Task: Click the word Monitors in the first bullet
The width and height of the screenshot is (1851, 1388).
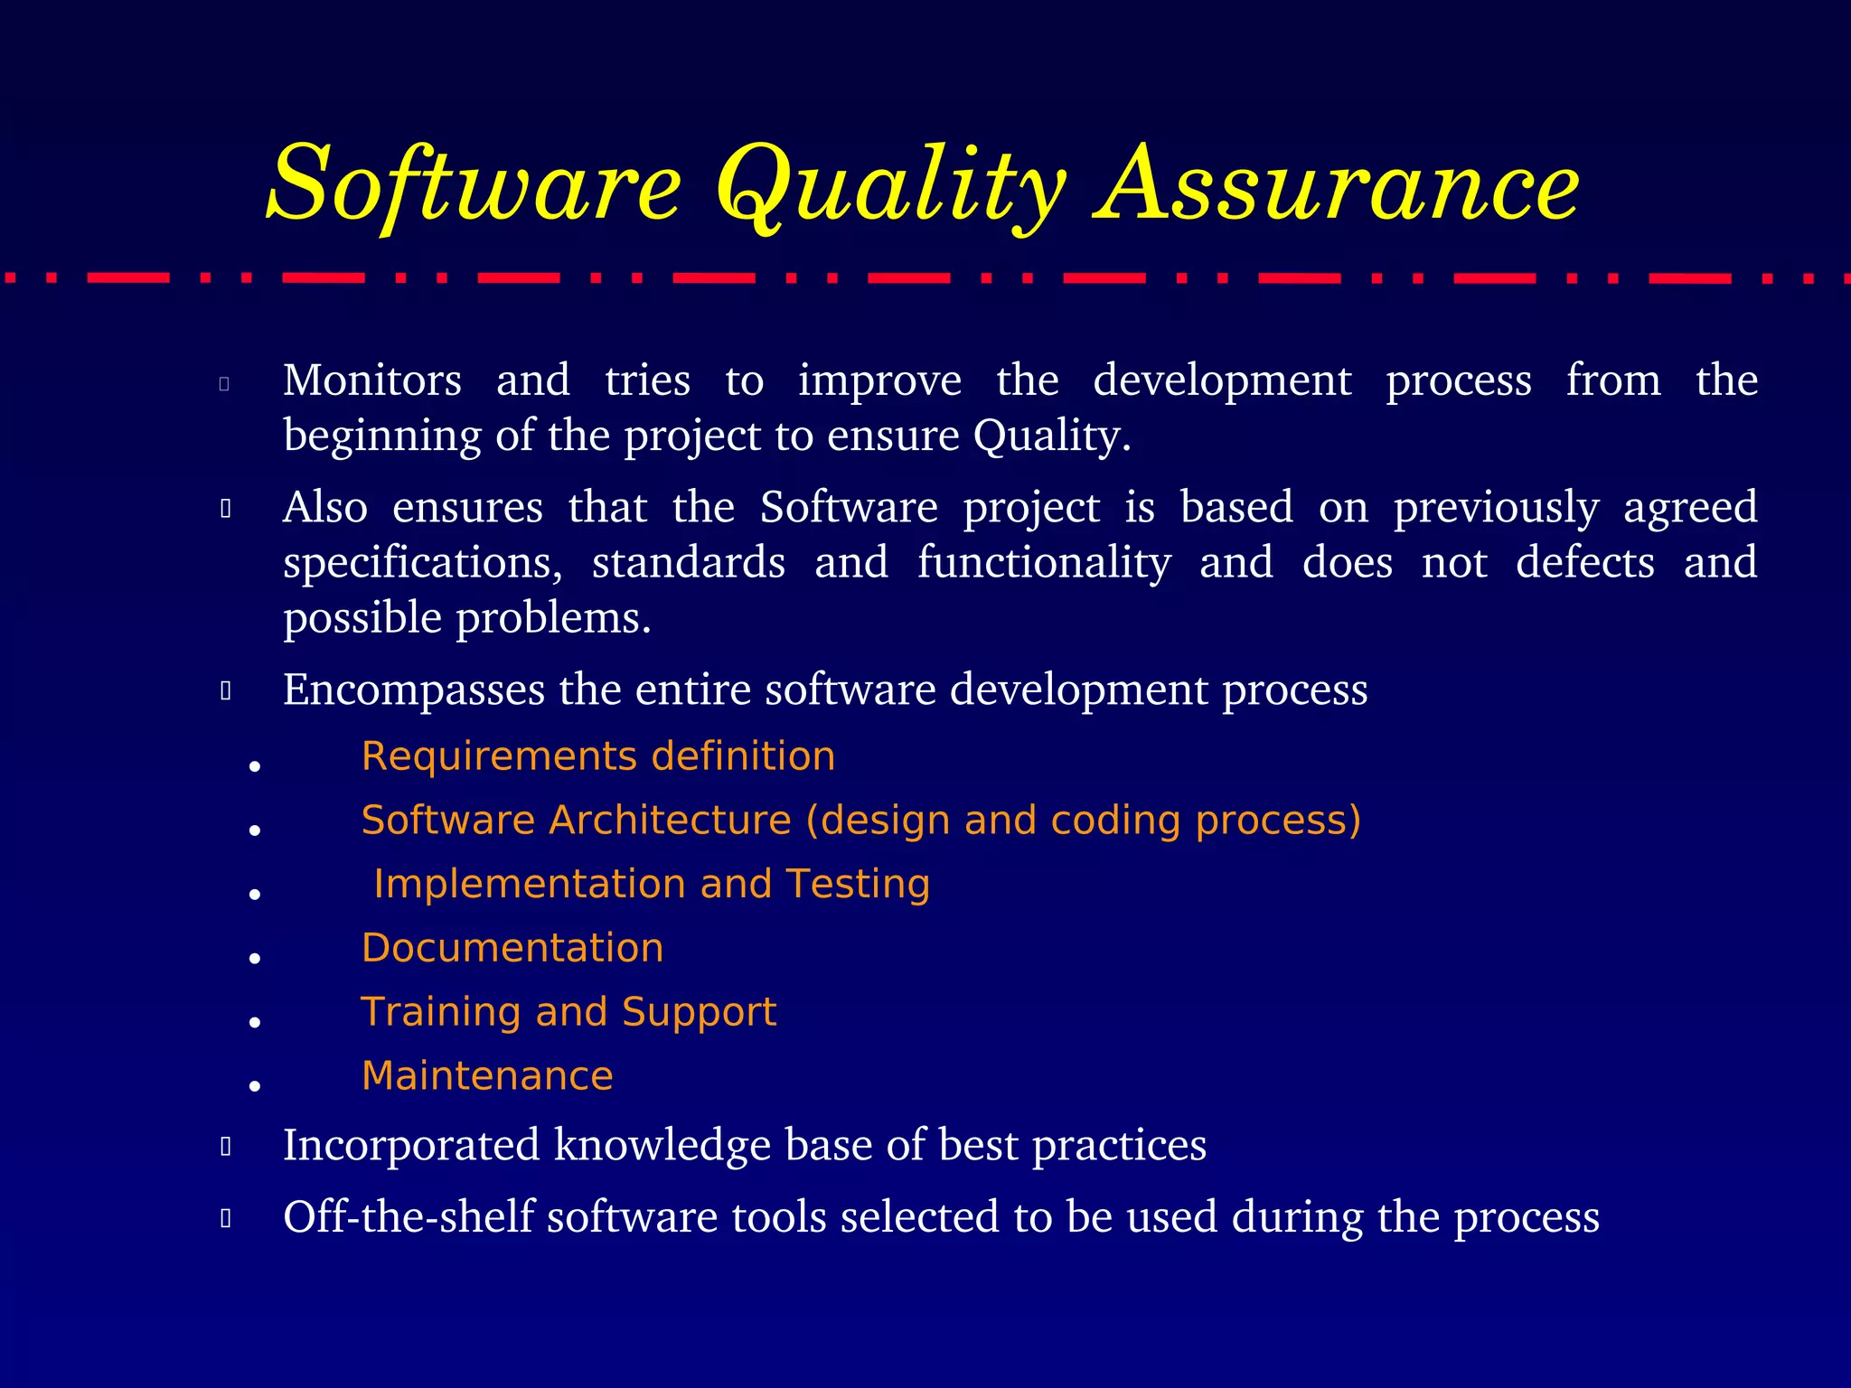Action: (x=372, y=380)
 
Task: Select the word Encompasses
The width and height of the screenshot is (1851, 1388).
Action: (x=414, y=690)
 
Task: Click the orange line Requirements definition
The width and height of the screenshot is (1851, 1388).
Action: (x=597, y=756)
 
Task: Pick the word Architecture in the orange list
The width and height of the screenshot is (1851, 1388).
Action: (x=670, y=821)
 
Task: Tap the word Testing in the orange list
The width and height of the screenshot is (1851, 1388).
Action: (x=858, y=884)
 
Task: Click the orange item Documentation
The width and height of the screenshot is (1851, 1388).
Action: (x=512, y=948)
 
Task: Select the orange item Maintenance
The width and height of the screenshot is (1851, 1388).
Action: (x=487, y=1076)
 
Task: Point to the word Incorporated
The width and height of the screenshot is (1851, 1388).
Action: (x=411, y=1145)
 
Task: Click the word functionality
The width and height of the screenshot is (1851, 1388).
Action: (x=1044, y=563)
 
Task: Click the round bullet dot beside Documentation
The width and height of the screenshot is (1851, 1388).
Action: (x=255, y=958)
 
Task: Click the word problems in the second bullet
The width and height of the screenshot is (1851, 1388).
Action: (x=553, y=620)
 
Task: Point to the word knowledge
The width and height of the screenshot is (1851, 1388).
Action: (x=662, y=1145)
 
